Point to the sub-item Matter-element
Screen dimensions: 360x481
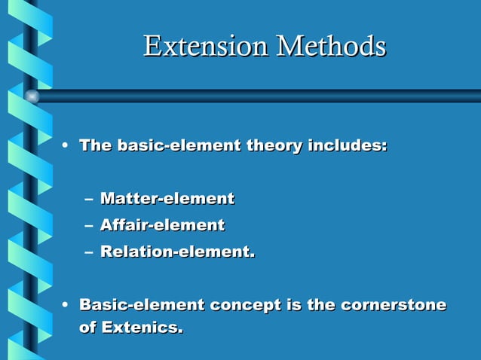[x=167, y=199]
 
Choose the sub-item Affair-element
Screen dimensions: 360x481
[x=162, y=225]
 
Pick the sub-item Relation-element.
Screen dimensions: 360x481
[x=177, y=252]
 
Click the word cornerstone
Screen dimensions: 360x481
[x=394, y=305]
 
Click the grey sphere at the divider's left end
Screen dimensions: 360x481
[x=32, y=96]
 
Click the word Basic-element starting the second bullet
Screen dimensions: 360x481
[x=142, y=305]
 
